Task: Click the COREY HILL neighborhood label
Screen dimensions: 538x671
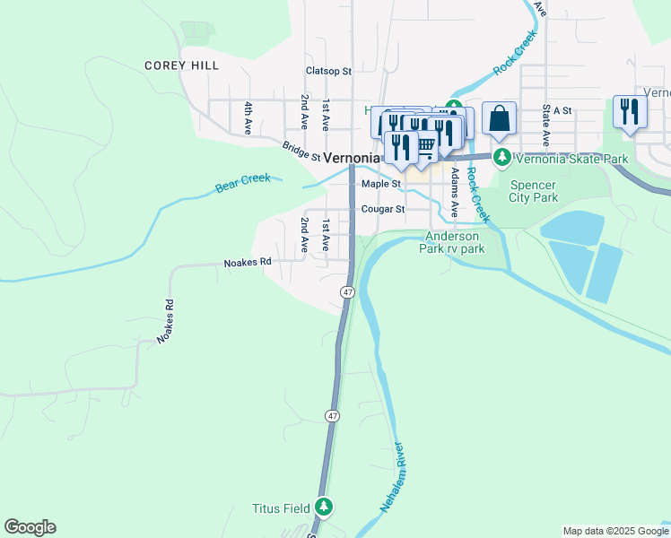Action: (x=181, y=65)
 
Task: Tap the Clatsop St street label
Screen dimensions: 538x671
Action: (x=328, y=70)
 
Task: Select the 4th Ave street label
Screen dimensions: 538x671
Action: (x=248, y=117)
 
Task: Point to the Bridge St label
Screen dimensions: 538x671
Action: (x=301, y=151)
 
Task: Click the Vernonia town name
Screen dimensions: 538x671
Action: (x=352, y=157)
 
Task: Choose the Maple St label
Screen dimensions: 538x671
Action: (x=380, y=184)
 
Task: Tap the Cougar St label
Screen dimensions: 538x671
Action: (x=383, y=209)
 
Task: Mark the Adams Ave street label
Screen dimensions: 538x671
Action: (x=455, y=192)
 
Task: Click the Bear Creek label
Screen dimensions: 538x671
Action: (x=242, y=184)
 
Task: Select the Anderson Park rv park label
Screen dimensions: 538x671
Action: (x=452, y=242)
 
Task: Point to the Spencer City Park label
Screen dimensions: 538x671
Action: (x=534, y=191)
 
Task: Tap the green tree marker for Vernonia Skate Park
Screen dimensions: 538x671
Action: (x=503, y=159)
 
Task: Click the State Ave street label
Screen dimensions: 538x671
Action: (x=545, y=125)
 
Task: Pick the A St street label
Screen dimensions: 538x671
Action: (x=562, y=110)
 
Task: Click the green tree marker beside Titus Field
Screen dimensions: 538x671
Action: (x=324, y=508)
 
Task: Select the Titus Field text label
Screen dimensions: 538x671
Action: (x=283, y=508)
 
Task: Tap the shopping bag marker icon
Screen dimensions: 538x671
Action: (x=499, y=118)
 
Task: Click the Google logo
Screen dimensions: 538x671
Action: (x=30, y=527)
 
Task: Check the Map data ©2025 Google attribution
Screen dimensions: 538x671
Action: (x=614, y=531)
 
